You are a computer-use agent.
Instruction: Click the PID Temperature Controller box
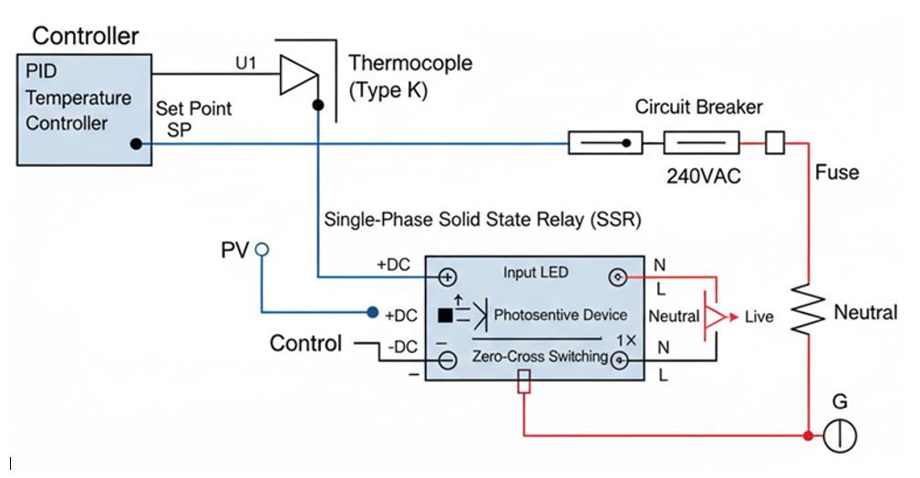coord(84,109)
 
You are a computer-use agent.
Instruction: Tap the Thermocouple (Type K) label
coord(410,77)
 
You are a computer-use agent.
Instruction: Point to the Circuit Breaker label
coord(698,107)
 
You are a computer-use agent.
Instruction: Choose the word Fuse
coord(836,172)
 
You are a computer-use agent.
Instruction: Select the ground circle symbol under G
coord(840,436)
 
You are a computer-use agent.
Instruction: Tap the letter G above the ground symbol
coord(840,401)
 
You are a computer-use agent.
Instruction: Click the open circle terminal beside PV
coord(262,248)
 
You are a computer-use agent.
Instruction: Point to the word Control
coord(305,344)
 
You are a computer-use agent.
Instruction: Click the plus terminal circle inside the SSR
coord(447,276)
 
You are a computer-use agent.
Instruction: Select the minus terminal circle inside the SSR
coord(447,360)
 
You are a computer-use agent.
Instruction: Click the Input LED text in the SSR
coord(535,273)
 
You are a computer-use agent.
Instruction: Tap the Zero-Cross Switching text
coord(540,357)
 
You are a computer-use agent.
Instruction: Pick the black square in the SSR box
coord(445,316)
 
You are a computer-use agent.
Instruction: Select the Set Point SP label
coord(193,119)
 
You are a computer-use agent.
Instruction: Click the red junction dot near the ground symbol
coord(808,436)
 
